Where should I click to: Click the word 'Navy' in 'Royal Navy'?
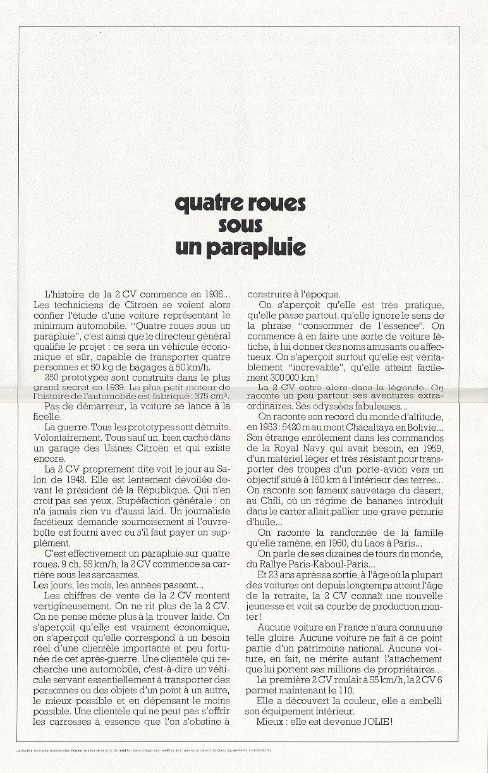[310, 448]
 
